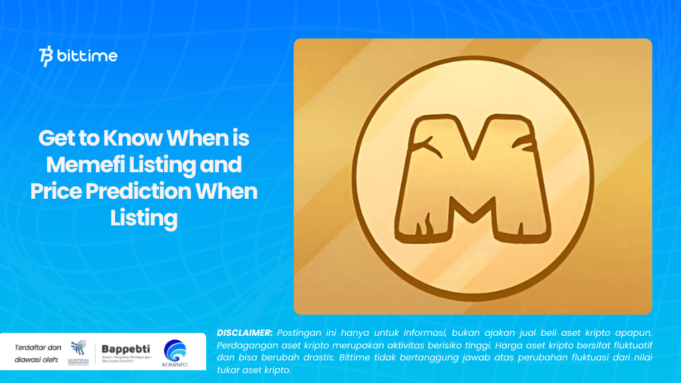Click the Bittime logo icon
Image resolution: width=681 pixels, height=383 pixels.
pyautogui.click(x=47, y=57)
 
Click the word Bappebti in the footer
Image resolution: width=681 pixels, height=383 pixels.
pyautogui.click(x=126, y=349)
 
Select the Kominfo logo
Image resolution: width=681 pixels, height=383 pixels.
pyautogui.click(x=174, y=352)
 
